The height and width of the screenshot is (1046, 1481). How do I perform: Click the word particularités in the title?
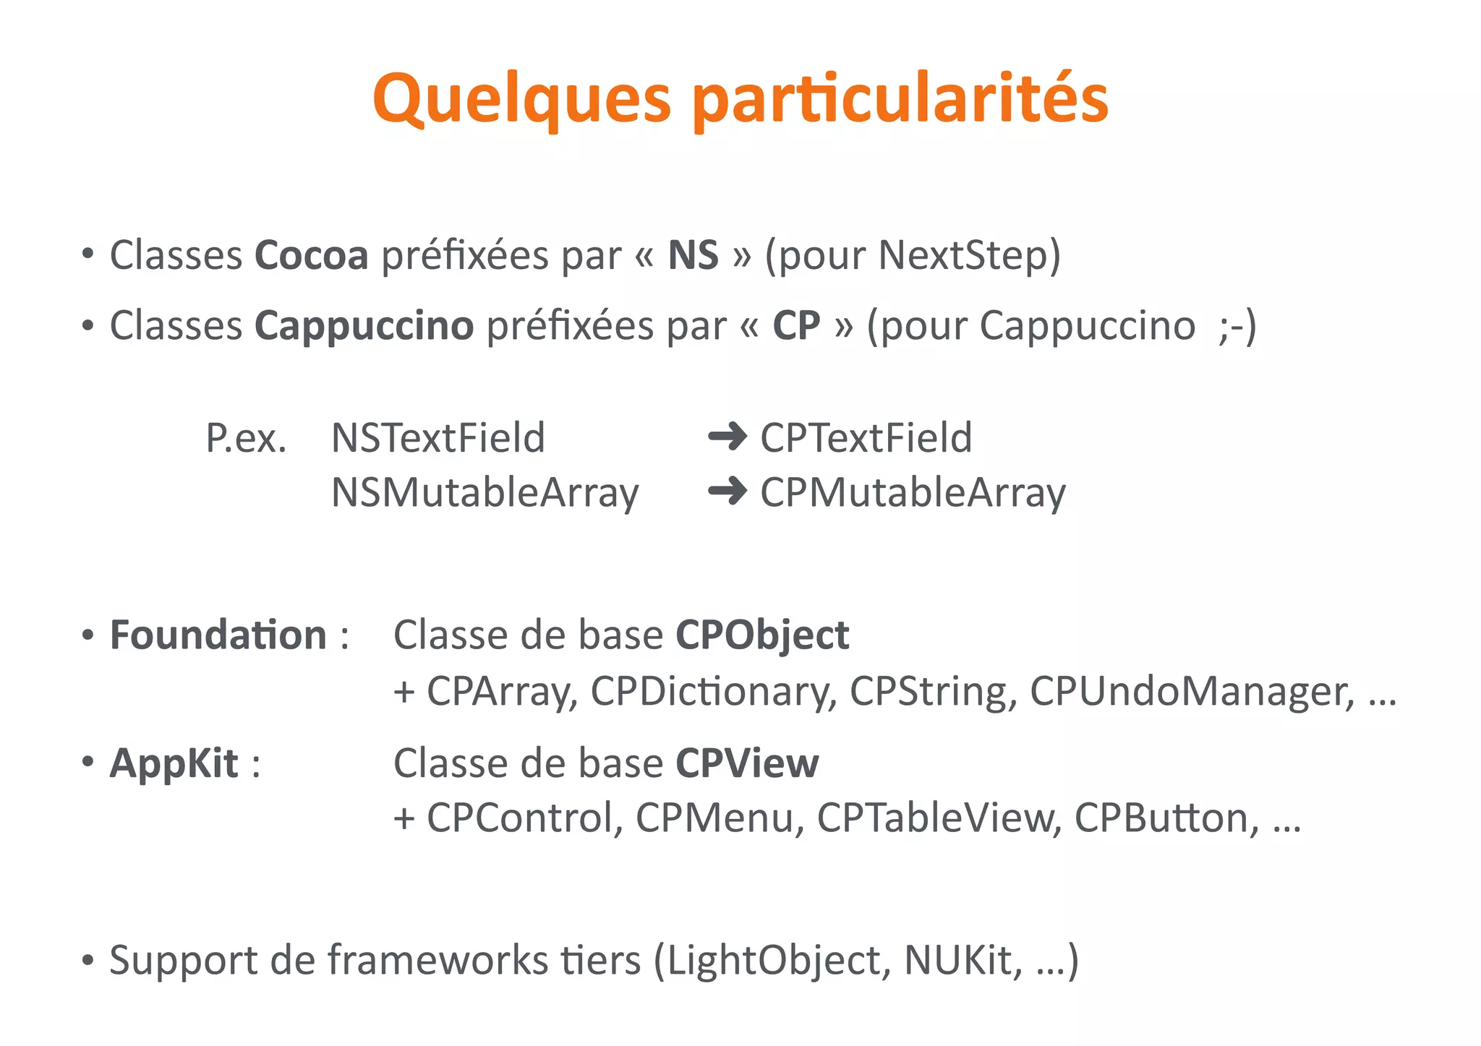click(x=900, y=99)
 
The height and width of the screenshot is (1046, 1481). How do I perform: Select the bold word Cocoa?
click(x=311, y=255)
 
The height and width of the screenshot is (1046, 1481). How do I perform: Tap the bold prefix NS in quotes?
click(x=693, y=255)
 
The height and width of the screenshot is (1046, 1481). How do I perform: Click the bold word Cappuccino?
click(x=364, y=325)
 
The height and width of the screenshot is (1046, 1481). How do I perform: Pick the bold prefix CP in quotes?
click(x=796, y=325)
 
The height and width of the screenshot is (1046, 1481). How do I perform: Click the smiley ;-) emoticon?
click(x=1237, y=325)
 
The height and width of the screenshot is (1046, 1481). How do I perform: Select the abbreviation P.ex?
click(x=246, y=438)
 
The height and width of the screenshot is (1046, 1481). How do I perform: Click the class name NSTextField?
click(x=438, y=438)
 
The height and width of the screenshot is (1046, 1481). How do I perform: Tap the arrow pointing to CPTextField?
click(x=727, y=437)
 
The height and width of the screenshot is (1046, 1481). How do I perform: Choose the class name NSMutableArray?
click(x=485, y=493)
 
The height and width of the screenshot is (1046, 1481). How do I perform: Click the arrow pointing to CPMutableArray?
click(x=727, y=492)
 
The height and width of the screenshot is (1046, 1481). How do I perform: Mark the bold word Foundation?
click(x=218, y=635)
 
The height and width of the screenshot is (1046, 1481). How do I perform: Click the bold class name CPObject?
click(x=762, y=635)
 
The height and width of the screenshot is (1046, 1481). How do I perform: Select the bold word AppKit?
click(x=174, y=763)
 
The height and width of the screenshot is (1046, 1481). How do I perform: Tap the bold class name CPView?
click(x=747, y=763)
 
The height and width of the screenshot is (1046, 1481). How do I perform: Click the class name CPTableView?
click(x=938, y=818)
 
